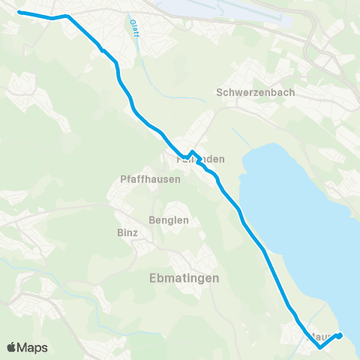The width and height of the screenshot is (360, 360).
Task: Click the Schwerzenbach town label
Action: tap(255, 92)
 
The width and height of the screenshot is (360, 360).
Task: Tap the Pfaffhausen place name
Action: tap(142, 180)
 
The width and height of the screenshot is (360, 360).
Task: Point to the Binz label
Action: tap(127, 232)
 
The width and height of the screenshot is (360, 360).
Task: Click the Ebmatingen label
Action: tap(180, 277)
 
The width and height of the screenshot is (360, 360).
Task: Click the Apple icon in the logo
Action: tap(13, 347)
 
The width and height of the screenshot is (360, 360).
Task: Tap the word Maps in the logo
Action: tap(34, 347)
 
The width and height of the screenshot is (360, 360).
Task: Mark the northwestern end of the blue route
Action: tap(19, 13)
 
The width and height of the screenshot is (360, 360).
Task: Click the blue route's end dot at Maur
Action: tap(339, 335)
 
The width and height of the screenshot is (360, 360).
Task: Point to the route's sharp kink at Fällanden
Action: tap(192, 151)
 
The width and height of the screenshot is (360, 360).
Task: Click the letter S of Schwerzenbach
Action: tap(219, 92)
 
